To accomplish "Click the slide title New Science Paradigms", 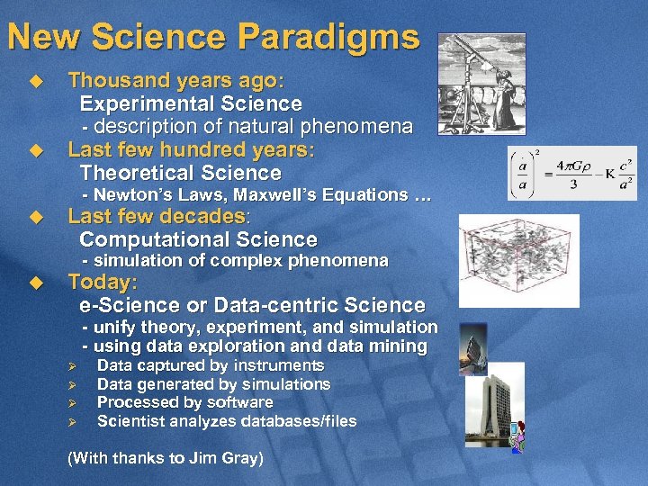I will (212, 37).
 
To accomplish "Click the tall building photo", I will (494, 402).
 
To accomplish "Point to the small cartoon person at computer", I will (517, 438).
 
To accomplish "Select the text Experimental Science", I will (191, 103).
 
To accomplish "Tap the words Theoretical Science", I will (180, 173).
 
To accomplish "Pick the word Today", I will (101, 281).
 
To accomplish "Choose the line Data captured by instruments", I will (211, 365).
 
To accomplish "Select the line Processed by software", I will (184, 402).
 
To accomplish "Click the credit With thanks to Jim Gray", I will (166, 458).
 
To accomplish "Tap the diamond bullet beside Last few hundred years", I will (36, 149).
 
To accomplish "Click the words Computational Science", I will (198, 239).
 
